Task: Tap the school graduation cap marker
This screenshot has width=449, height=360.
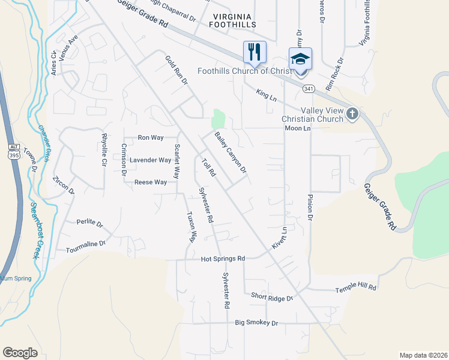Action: [300, 59]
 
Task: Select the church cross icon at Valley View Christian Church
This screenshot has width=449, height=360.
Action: [352, 113]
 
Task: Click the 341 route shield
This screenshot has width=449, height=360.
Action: [309, 89]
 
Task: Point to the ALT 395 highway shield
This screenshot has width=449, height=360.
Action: [14, 152]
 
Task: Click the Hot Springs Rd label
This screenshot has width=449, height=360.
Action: [223, 259]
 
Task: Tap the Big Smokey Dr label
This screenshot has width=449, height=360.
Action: [257, 323]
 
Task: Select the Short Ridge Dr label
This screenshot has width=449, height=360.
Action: [271, 297]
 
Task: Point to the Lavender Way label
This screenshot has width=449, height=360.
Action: [151, 160]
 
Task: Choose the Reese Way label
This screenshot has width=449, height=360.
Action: [151, 182]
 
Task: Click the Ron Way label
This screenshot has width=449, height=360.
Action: [151, 137]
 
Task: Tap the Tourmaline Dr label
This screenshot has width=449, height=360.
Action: [85, 244]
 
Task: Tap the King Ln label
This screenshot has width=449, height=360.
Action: [266, 94]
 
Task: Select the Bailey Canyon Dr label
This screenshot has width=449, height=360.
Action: [231, 152]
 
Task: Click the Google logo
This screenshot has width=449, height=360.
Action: [20, 353]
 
